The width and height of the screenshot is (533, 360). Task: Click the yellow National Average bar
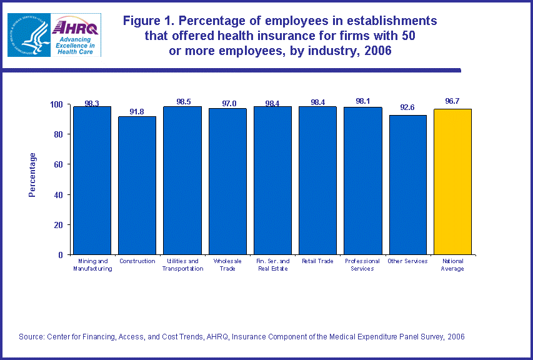pyautogui.click(x=452, y=181)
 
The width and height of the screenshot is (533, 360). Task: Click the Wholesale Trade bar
pyautogui.click(x=227, y=181)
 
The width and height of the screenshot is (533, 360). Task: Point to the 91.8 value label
pyautogui.click(x=137, y=112)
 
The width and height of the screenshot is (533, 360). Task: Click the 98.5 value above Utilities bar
pyautogui.click(x=182, y=101)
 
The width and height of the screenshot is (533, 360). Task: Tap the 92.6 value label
pyautogui.click(x=408, y=107)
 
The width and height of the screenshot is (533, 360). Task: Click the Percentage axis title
pyautogui.click(x=32, y=175)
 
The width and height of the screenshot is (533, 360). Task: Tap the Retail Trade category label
pyautogui.click(x=317, y=261)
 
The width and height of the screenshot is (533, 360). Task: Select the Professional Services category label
pyautogui.click(x=362, y=264)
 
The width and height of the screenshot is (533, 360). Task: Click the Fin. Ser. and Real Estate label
pyautogui.click(x=272, y=264)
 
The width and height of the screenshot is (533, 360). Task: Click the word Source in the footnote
pyautogui.click(x=31, y=337)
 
